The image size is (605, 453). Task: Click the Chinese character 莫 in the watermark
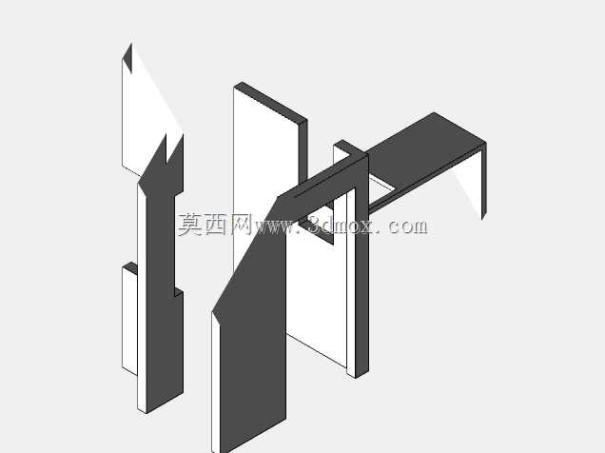pyautogui.click(x=189, y=225)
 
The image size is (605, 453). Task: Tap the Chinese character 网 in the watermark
pyautogui.click(x=240, y=225)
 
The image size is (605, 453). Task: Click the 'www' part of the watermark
pyautogui.click(x=275, y=226)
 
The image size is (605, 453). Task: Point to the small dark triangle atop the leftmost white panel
pyautogui.click(x=127, y=58)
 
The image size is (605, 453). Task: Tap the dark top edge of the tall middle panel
pyautogui.click(x=270, y=101)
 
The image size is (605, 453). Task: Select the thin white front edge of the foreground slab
pyautogui.click(x=216, y=382)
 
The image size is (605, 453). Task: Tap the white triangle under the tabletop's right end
pyautogui.click(x=469, y=182)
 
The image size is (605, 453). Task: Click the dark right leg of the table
pyautogui.click(x=484, y=181)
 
